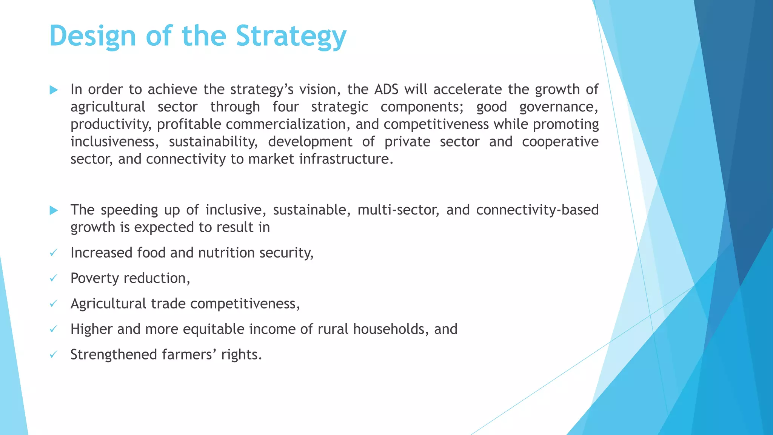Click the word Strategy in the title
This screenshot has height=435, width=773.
291,37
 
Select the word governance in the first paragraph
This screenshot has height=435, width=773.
559,107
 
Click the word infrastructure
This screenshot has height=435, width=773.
343,159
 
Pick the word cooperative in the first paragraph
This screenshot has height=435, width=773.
560,142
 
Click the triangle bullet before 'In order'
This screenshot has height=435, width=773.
54,90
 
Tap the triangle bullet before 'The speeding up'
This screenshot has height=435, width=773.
54,210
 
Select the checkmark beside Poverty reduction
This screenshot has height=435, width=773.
53,278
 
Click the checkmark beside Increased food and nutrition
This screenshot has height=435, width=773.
53,253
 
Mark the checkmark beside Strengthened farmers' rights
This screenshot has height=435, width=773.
53,355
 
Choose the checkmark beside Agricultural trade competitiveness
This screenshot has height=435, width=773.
53,304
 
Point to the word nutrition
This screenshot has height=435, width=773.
226,253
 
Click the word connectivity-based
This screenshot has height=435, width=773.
537,210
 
